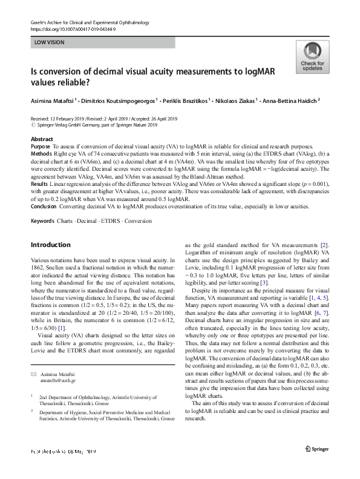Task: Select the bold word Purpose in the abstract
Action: point(40,147)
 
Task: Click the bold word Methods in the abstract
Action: point(41,154)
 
